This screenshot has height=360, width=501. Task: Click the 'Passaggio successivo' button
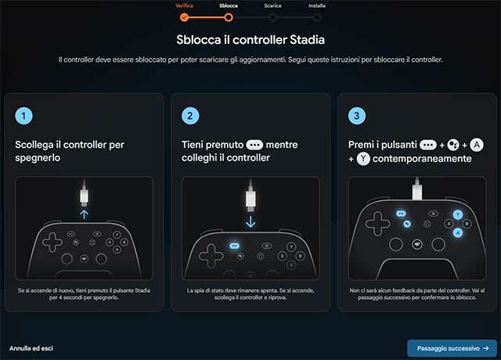pyautogui.click(x=452, y=348)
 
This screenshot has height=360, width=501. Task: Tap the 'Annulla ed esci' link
pyautogui.click(x=31, y=348)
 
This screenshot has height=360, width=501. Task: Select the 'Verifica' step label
pyautogui.click(x=184, y=5)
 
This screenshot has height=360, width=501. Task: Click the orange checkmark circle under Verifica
pyautogui.click(x=184, y=17)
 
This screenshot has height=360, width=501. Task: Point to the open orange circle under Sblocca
pyautogui.click(x=229, y=17)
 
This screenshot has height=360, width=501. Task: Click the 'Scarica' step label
pyautogui.click(x=272, y=5)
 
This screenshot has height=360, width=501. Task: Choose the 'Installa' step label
pyautogui.click(x=317, y=5)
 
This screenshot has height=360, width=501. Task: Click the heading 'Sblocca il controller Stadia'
pyautogui.click(x=250, y=40)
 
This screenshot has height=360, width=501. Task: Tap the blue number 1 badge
pyautogui.click(x=23, y=116)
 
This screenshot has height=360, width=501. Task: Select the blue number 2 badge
pyautogui.click(x=190, y=116)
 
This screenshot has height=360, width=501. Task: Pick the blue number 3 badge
pyautogui.click(x=357, y=116)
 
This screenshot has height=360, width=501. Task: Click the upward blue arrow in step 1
pyautogui.click(x=84, y=214)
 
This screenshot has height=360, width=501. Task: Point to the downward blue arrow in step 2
pyautogui.click(x=250, y=221)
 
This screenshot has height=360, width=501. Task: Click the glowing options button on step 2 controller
pyautogui.click(x=235, y=246)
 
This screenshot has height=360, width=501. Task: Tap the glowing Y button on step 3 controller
pyautogui.click(x=457, y=214)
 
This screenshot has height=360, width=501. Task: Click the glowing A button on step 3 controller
pyautogui.click(x=458, y=232)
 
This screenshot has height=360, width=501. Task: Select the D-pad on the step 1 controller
pyautogui.click(x=52, y=242)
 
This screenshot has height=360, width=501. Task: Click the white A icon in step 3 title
pyautogui.click(x=477, y=145)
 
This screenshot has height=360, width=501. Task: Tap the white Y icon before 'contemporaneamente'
pyautogui.click(x=363, y=159)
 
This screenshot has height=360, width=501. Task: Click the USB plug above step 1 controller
pyautogui.click(x=84, y=196)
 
